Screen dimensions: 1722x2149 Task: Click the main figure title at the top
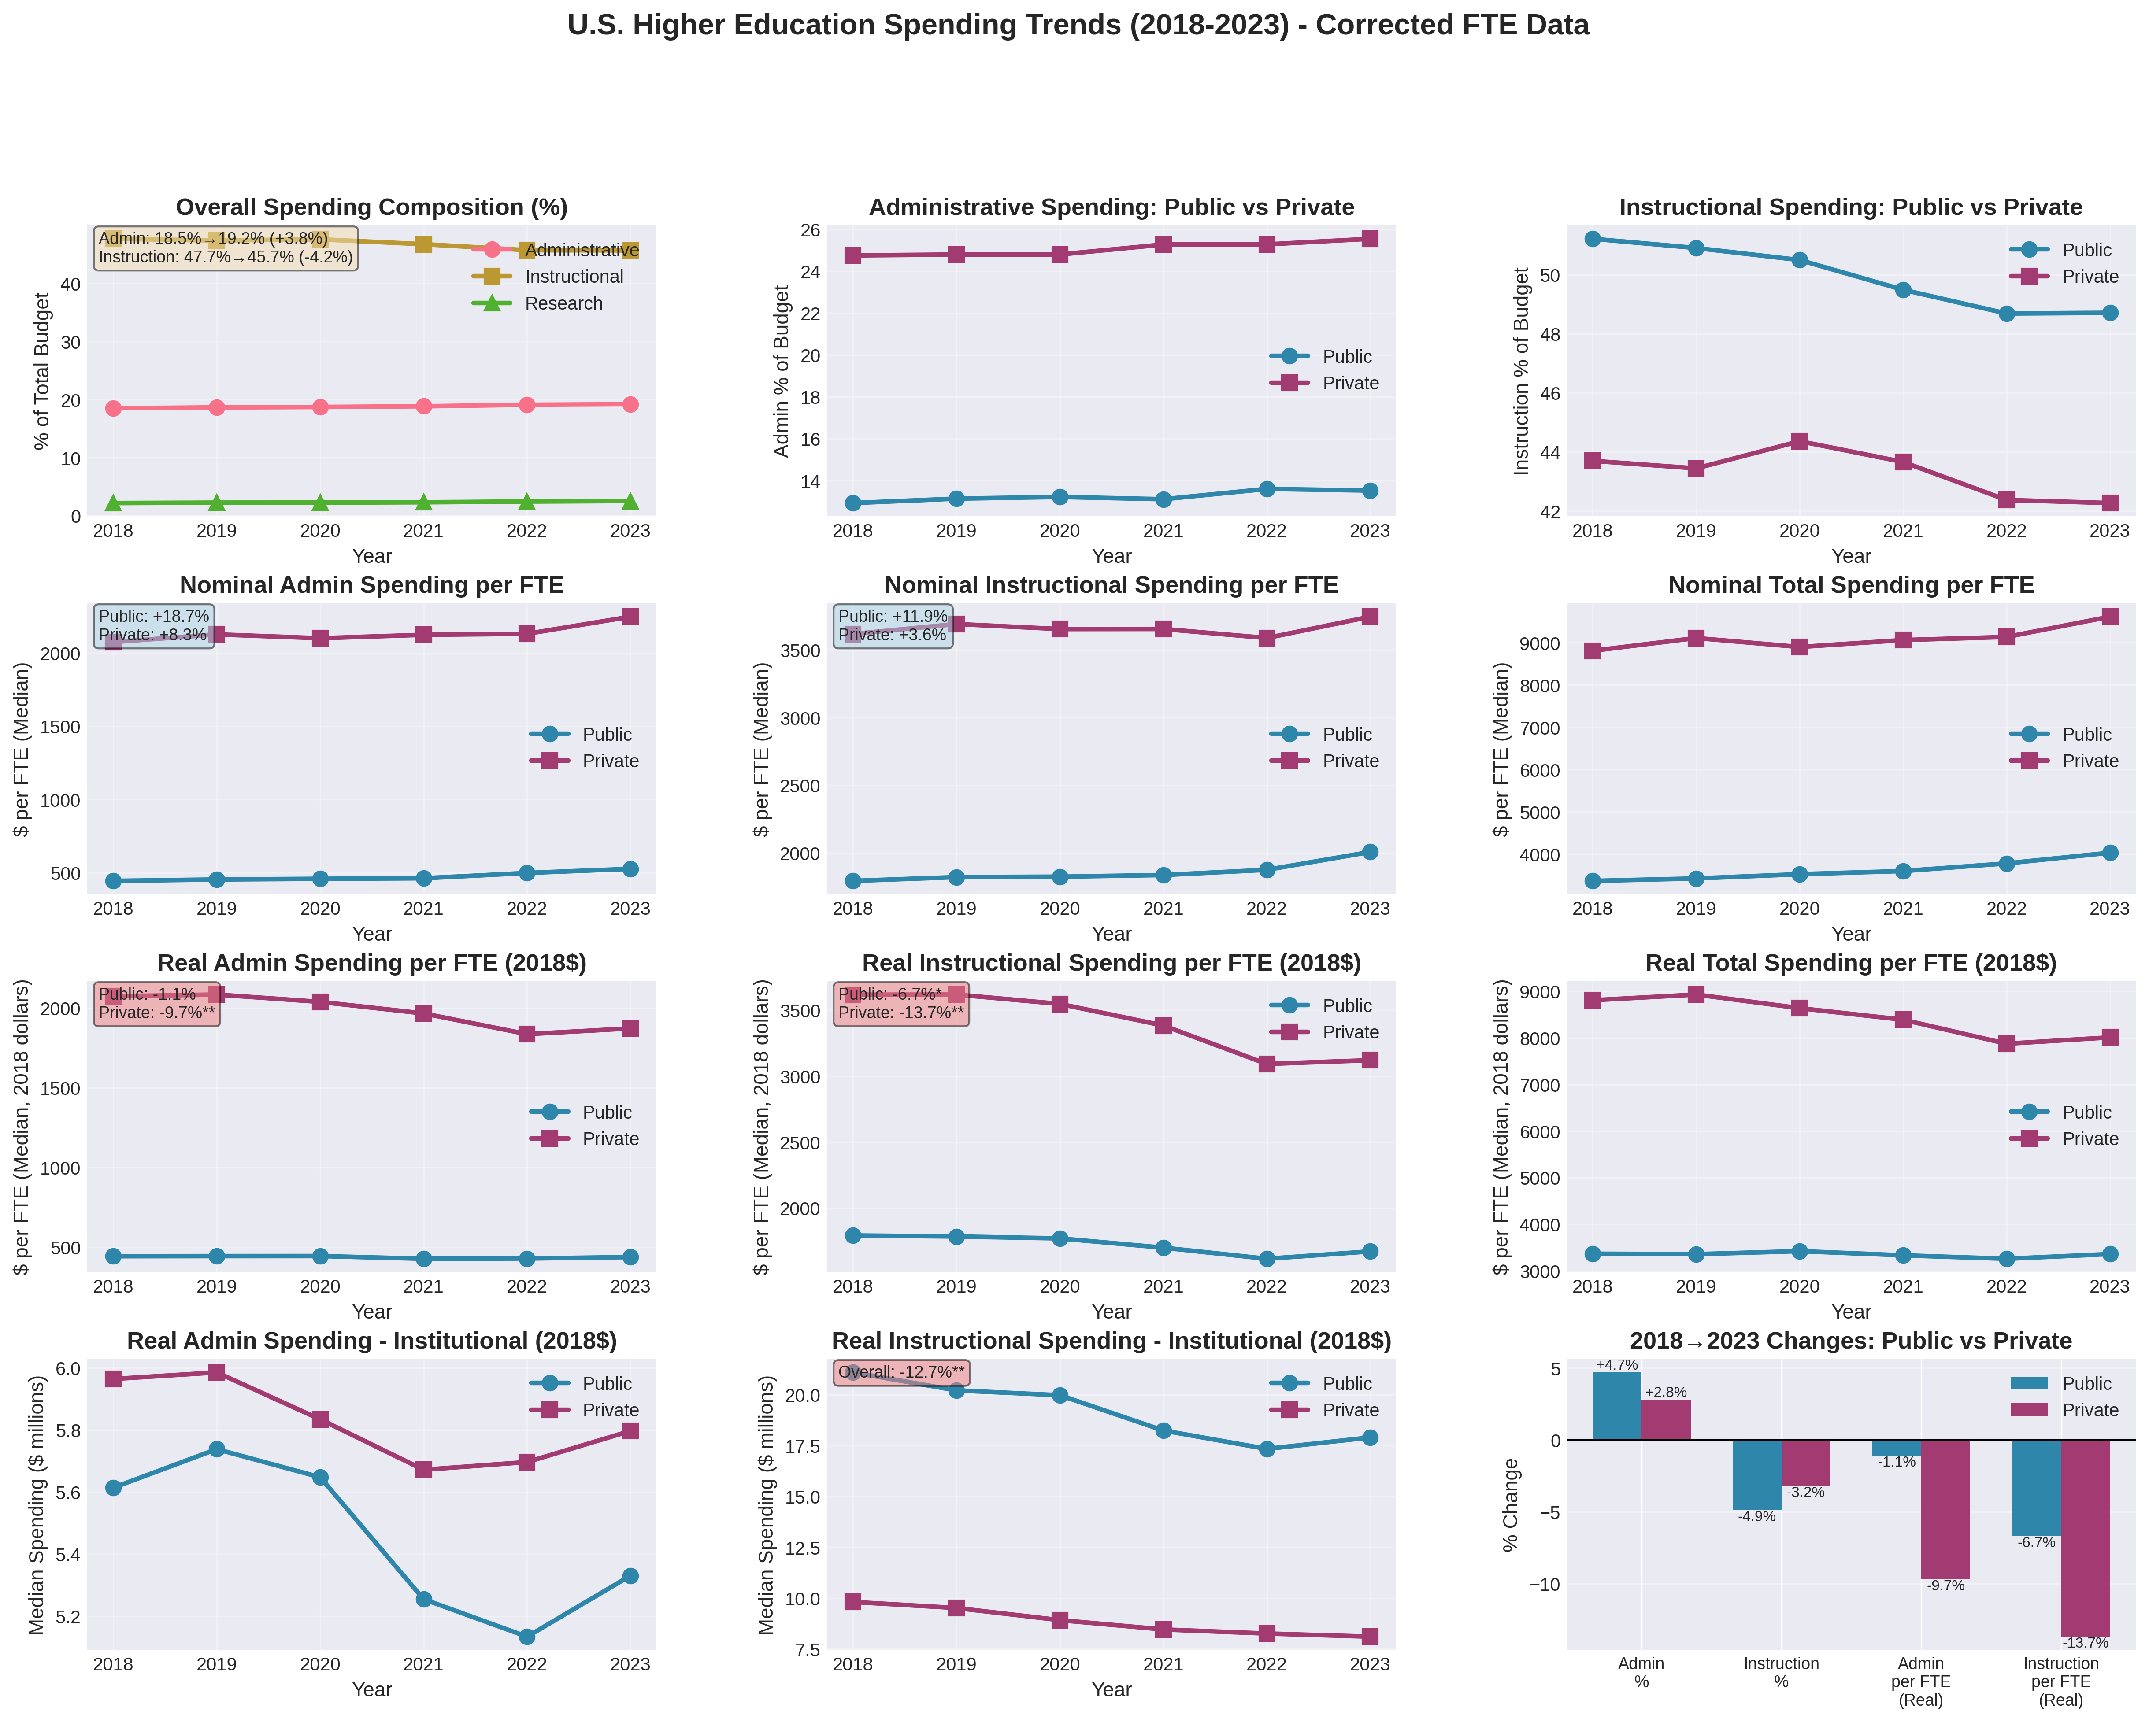click(1078, 25)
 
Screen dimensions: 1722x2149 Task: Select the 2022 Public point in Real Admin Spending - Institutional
click(526, 1636)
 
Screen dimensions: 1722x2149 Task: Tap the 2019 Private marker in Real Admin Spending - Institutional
click(216, 1372)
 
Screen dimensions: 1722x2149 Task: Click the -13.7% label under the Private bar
click(2084, 1642)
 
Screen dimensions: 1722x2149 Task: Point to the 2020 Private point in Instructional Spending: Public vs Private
click(1799, 441)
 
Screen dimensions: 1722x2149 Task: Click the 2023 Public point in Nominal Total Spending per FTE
click(2109, 853)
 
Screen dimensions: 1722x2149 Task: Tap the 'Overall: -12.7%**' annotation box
click(901, 1372)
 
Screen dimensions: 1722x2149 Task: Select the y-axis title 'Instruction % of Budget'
click(1521, 371)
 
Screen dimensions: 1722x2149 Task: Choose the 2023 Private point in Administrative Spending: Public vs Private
click(1370, 239)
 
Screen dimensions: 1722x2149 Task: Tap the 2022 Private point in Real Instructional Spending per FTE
click(1266, 1064)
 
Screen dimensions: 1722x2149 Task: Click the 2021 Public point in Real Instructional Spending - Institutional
click(1163, 1431)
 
